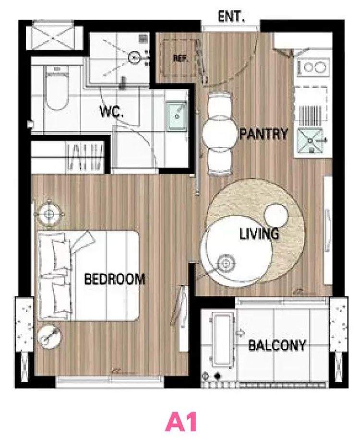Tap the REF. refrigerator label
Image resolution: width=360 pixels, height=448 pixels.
[x=180, y=59]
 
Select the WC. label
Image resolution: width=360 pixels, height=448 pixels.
[x=111, y=111]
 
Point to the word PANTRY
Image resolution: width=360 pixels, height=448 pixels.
[x=264, y=134]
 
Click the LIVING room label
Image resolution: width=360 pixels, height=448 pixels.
[x=259, y=234]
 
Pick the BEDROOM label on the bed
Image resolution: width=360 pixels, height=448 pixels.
[x=115, y=279]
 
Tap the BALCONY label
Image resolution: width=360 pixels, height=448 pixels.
[x=277, y=345]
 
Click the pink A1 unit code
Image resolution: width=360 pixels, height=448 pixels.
[x=181, y=422]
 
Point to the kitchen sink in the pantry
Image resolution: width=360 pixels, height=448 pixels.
[x=310, y=140]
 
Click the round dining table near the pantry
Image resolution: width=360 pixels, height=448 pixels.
[x=220, y=134]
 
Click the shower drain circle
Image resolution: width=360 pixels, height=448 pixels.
[x=134, y=58]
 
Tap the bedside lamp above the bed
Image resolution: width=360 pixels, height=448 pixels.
[x=49, y=214]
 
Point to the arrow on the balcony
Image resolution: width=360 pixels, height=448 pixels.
[x=240, y=332]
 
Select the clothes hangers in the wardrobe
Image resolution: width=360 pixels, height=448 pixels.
[x=85, y=156]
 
